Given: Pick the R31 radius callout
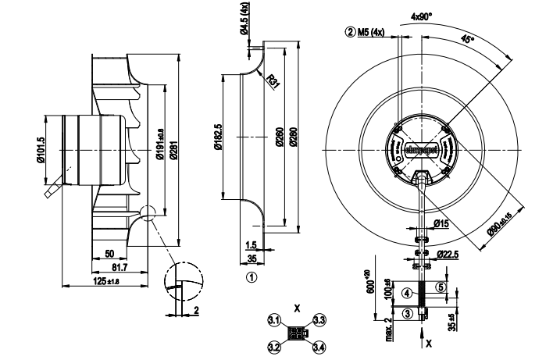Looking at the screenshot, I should click(x=273, y=81).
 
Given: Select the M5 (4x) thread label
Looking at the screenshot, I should click(x=365, y=33).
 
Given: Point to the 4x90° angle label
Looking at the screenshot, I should click(x=420, y=15).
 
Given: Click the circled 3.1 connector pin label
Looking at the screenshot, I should click(x=274, y=320).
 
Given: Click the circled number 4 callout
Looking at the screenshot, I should click(x=407, y=294).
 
